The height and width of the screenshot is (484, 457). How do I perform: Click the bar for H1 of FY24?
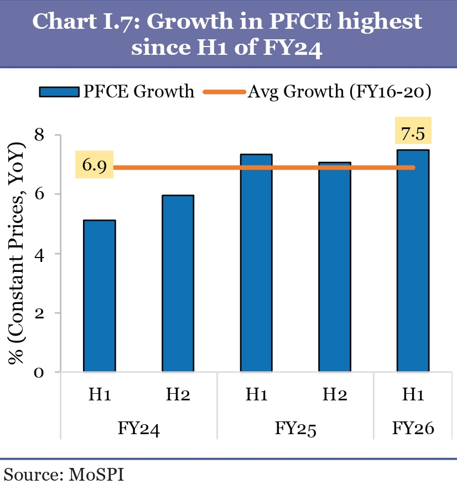[100, 296]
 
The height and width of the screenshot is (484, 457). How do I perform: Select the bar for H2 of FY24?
[178, 283]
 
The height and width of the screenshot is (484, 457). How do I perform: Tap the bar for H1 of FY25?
[256, 262]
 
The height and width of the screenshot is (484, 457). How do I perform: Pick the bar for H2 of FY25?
[335, 266]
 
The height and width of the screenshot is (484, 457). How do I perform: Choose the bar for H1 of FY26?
[413, 260]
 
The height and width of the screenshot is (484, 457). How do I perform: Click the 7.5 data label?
[413, 133]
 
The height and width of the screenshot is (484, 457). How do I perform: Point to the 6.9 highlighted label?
[94, 166]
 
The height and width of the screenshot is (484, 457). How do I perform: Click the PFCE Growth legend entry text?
[139, 91]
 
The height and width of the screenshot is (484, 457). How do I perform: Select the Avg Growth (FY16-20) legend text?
[339, 91]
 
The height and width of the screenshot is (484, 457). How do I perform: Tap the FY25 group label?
[295, 429]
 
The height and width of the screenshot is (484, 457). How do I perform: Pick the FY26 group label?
[413, 429]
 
